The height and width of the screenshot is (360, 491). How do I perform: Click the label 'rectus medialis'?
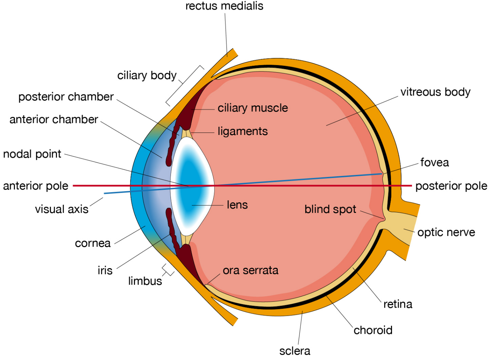click(x=224, y=6)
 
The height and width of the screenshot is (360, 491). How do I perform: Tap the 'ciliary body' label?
click(x=147, y=75)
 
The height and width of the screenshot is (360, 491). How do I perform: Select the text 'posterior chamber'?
click(x=66, y=97)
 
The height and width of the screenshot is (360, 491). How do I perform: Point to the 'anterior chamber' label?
click(x=54, y=120)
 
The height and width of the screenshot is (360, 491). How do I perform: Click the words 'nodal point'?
click(x=32, y=154)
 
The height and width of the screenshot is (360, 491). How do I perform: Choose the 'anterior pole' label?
click(x=36, y=186)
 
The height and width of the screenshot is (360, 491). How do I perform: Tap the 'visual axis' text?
click(x=62, y=209)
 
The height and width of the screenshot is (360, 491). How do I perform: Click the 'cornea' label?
click(x=93, y=243)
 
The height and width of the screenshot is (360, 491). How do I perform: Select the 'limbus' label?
click(x=145, y=281)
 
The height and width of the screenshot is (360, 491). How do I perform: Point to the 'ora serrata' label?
click(x=251, y=270)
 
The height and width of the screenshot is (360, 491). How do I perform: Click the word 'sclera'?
click(x=294, y=351)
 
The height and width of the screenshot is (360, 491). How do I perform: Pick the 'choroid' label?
click(x=373, y=330)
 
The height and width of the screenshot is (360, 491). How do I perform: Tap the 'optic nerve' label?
click(x=446, y=233)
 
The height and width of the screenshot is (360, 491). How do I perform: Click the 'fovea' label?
click(x=434, y=163)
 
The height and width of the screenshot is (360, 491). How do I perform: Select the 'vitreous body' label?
click(x=435, y=92)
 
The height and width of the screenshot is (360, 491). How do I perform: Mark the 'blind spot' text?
click(x=330, y=209)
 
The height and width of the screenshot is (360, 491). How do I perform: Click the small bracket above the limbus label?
click(x=168, y=270)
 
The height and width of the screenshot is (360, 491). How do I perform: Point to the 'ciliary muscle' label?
click(x=253, y=108)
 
